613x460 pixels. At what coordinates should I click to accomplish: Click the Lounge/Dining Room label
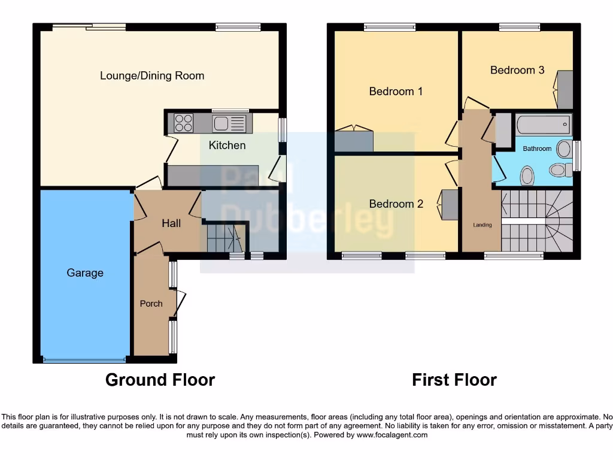(x=152, y=76)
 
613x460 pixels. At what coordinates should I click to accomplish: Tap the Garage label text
(x=85, y=273)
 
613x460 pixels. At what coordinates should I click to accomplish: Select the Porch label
(x=151, y=304)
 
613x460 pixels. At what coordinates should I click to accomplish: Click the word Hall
(x=171, y=223)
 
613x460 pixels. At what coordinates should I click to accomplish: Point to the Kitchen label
(x=227, y=146)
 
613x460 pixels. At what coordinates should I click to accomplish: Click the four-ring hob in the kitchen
(x=184, y=123)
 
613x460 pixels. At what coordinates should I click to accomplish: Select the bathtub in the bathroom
(x=544, y=126)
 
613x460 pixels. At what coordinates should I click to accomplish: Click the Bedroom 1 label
(x=396, y=92)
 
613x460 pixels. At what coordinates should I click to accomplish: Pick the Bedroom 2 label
(x=396, y=204)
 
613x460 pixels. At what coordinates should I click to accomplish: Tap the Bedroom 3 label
(x=517, y=70)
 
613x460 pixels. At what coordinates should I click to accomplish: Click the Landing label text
(x=482, y=225)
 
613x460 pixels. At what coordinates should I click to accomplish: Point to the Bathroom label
(x=537, y=149)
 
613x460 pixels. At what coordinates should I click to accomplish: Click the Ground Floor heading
(x=160, y=380)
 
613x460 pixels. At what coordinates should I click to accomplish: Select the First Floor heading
(x=454, y=380)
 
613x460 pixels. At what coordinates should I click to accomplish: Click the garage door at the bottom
(x=84, y=360)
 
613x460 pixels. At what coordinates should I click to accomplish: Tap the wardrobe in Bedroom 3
(x=565, y=90)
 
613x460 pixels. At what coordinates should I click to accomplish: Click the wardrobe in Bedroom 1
(x=354, y=141)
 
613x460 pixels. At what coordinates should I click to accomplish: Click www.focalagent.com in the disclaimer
(x=392, y=435)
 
